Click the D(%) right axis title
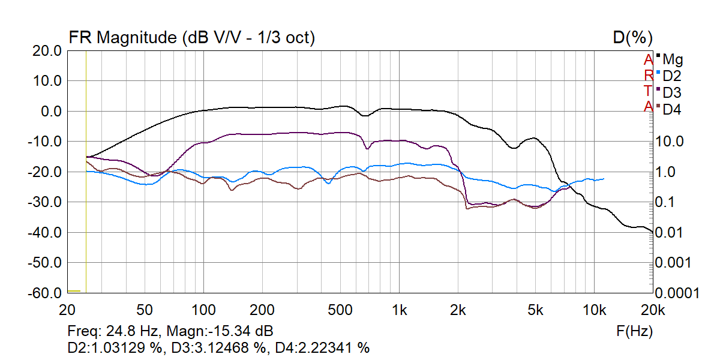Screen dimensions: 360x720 (x=632, y=38)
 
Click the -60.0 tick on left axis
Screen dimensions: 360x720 (x=47, y=293)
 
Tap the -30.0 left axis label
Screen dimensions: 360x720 (x=47, y=202)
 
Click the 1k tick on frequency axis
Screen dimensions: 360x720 (x=399, y=310)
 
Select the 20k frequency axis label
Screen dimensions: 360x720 (x=652, y=310)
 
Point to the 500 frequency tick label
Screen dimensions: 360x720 (x=340, y=310)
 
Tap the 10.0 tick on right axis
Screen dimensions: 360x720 (x=671, y=142)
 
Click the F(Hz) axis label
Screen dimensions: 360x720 (x=634, y=331)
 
